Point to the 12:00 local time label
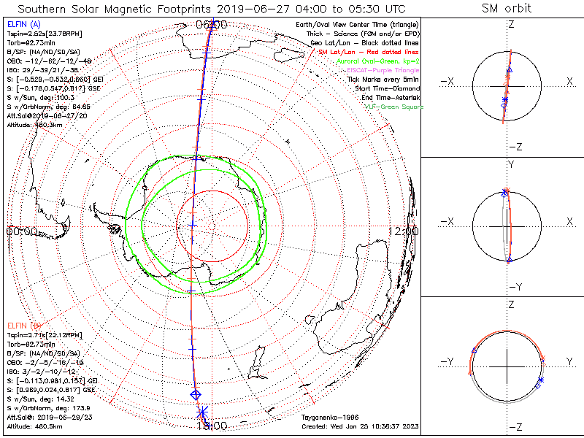point(404,231)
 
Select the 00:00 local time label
point(21,231)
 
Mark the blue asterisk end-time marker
point(203,412)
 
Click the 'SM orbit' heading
point(507,9)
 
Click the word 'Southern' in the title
point(45,9)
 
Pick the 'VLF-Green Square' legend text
point(393,107)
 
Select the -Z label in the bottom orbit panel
point(515,426)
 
